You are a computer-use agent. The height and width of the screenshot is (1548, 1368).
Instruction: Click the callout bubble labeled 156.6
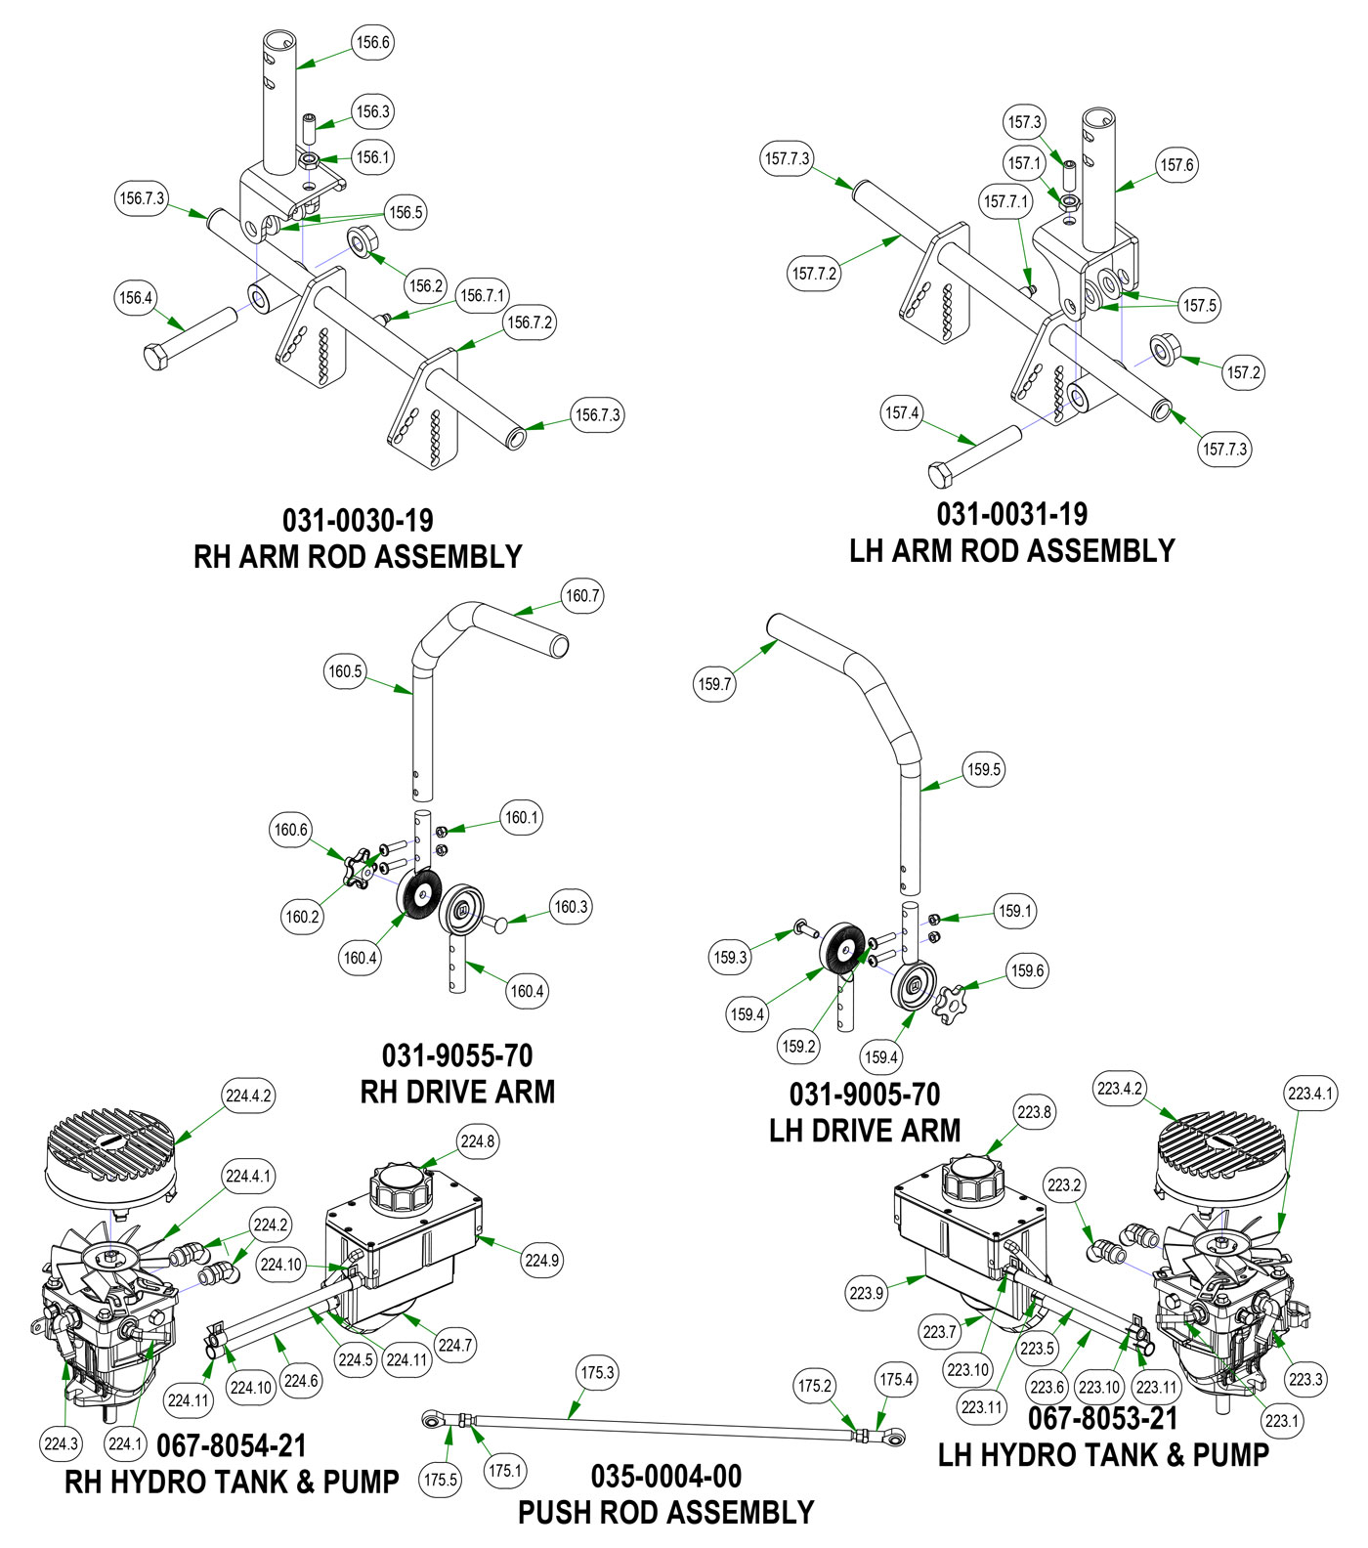tap(372, 42)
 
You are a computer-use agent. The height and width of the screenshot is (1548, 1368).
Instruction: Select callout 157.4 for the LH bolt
tap(901, 412)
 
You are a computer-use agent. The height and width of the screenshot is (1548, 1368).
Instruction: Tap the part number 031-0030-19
tap(358, 520)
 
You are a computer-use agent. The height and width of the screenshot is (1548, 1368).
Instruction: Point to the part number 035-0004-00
tap(665, 1476)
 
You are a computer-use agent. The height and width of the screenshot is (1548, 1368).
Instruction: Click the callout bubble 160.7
tap(582, 595)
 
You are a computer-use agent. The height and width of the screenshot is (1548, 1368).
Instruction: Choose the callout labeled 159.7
tap(714, 684)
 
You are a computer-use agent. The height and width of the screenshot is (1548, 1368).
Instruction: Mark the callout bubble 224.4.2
tap(248, 1096)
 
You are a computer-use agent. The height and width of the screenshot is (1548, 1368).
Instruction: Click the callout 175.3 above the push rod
tap(597, 1372)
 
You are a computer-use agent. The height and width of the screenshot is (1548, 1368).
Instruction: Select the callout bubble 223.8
tap(1034, 1112)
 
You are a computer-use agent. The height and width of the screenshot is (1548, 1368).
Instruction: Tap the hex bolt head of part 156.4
tap(156, 357)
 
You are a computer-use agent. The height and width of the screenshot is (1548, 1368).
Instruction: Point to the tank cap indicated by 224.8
tap(399, 1187)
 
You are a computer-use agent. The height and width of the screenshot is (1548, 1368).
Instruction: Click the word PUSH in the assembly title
tap(561, 1513)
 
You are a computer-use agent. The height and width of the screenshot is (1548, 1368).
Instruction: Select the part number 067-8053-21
tap(1102, 1418)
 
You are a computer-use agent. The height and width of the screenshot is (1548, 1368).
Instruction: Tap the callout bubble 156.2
tap(426, 285)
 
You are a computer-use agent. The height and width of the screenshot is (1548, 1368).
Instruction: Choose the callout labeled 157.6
tap(1176, 165)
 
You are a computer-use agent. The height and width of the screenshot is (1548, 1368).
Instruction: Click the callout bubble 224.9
tap(541, 1260)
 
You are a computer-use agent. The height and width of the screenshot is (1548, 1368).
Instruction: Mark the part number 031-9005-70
tap(864, 1094)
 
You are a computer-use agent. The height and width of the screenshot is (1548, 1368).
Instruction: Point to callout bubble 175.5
tap(440, 1480)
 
